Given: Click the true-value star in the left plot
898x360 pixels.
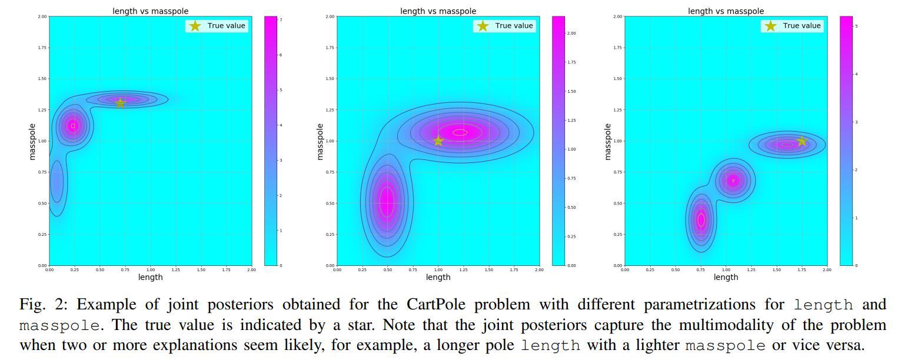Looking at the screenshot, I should click(120, 103).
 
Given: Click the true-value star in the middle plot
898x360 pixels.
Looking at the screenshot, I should click(438, 141).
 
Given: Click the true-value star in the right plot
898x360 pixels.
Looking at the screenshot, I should click(801, 141).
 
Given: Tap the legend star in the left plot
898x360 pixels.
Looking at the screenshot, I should click(195, 26).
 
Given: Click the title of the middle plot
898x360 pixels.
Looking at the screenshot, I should click(438, 11).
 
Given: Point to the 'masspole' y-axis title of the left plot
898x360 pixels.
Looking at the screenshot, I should click(32, 141).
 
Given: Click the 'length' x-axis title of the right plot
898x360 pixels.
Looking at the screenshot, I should click(726, 278).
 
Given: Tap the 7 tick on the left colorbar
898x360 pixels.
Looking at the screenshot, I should click(281, 20).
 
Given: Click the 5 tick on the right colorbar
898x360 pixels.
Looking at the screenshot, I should click(856, 26).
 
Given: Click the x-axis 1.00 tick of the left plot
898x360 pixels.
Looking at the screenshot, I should click(151, 270).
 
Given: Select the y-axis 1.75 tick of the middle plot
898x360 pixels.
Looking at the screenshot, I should click(330, 48).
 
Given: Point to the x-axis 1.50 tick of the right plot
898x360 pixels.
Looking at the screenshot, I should click(777, 270).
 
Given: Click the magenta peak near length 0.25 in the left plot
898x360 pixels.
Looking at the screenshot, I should click(73, 125).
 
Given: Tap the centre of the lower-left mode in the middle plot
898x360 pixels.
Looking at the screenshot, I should click(387, 202).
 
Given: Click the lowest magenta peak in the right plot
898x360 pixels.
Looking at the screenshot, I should click(701, 219).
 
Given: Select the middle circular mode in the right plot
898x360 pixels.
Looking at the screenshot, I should click(733, 181).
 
